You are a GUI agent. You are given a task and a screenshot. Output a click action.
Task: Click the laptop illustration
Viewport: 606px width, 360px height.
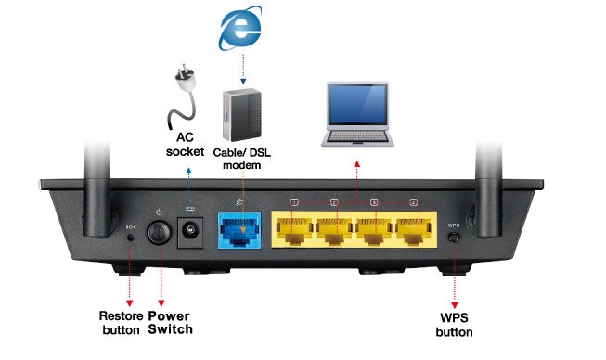click(356, 116)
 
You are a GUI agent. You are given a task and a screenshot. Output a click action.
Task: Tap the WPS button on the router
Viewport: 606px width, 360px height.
click(454, 237)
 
